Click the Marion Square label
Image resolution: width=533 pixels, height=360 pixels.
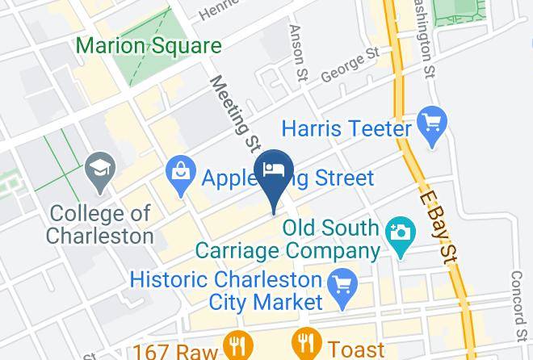(148, 46)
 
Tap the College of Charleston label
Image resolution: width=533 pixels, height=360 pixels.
(100, 224)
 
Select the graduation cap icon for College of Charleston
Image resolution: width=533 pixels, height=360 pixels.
(100, 170)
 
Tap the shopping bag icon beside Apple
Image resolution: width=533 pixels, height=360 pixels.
(178, 171)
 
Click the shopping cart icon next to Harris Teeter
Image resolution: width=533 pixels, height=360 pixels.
(434, 123)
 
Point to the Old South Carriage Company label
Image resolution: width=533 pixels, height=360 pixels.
(331, 239)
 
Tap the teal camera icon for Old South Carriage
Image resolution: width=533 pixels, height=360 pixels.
(399, 232)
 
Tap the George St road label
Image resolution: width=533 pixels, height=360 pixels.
(349, 68)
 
